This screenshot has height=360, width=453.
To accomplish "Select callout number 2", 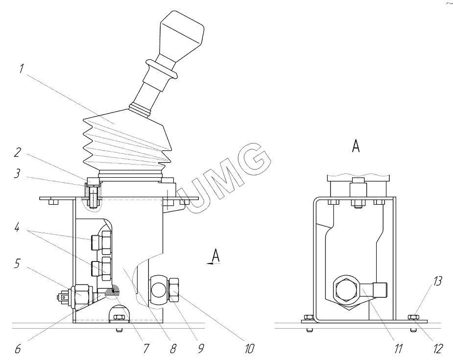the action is [x=18, y=152].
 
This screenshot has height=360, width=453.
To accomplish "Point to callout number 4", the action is [x=17, y=227].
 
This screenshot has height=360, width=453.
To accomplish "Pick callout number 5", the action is [x=18, y=264].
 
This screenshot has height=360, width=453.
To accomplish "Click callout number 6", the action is [x=18, y=349].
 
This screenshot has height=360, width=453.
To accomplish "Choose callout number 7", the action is [x=146, y=349].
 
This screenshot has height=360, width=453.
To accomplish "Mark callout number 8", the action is [x=172, y=349].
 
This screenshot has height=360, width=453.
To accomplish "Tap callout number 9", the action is [x=200, y=349].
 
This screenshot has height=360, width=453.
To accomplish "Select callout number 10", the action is [x=249, y=349].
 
